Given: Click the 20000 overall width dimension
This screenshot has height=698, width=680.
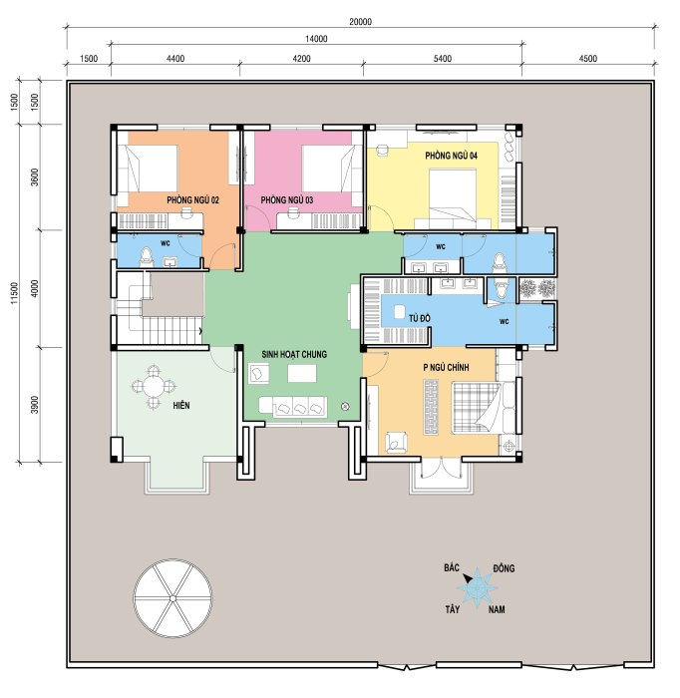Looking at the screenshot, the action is click(360, 22).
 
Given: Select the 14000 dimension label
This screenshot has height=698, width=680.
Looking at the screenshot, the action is click(316, 39).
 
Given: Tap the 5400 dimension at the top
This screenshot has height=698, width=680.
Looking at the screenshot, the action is click(443, 58).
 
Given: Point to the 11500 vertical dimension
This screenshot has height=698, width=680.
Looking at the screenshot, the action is click(15, 292).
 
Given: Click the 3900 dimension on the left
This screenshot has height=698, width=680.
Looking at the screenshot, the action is click(35, 404).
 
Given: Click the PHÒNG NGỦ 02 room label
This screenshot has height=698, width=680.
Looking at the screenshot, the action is click(192, 199).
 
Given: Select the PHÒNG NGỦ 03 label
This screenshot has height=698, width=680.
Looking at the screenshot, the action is click(286, 199).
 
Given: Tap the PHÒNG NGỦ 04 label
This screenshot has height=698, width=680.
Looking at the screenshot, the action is click(452, 156).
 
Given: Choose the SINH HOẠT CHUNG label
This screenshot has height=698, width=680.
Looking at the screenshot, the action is click(294, 354).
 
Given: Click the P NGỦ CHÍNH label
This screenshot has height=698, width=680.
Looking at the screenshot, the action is click(446, 367).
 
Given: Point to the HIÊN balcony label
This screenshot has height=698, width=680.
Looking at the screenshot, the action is click(181, 405).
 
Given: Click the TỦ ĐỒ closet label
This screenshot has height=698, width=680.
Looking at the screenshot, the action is click(420, 318).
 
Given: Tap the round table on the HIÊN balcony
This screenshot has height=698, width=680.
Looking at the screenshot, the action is click(154, 386).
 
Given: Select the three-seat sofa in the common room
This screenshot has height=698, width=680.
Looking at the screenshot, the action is click(293, 407).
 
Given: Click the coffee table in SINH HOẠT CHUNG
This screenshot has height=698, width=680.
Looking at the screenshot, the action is click(302, 374).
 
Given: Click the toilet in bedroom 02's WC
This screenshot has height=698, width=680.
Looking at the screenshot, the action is click(146, 257).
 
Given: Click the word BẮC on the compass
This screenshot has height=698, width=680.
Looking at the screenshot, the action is click(452, 567).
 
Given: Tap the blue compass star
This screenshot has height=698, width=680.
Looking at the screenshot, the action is click(477, 587).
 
